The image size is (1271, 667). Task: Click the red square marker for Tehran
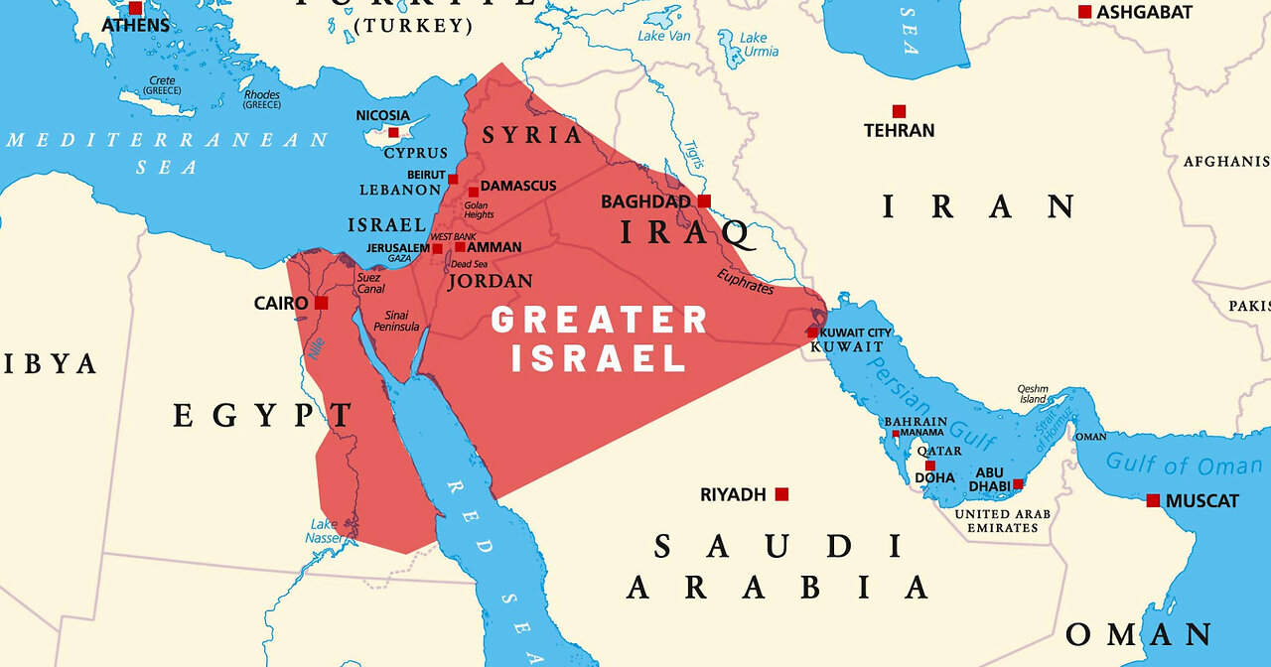tap(899, 111)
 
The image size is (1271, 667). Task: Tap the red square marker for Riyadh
tap(781, 494)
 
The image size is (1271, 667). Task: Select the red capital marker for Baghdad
tap(704, 201)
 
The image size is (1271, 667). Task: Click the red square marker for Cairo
tap(321, 303)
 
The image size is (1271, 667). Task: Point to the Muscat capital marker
tap(1153, 500)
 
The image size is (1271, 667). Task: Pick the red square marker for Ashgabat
tap(1084, 12)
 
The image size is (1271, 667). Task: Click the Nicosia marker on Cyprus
tap(393, 132)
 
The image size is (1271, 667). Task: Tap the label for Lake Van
tap(664, 36)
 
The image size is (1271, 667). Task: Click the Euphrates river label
tap(744, 280)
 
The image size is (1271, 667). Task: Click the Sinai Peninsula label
tap(396, 321)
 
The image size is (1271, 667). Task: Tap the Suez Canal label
tap(369, 283)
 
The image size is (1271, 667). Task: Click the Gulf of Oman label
tap(1184, 464)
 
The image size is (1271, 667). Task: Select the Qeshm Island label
tap(1032, 394)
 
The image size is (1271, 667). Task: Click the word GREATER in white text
tap(600, 321)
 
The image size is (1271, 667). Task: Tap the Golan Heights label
tap(479, 210)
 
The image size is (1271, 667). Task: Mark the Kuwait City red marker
tap(812, 333)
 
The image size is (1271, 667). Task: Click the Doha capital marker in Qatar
tap(930, 466)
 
